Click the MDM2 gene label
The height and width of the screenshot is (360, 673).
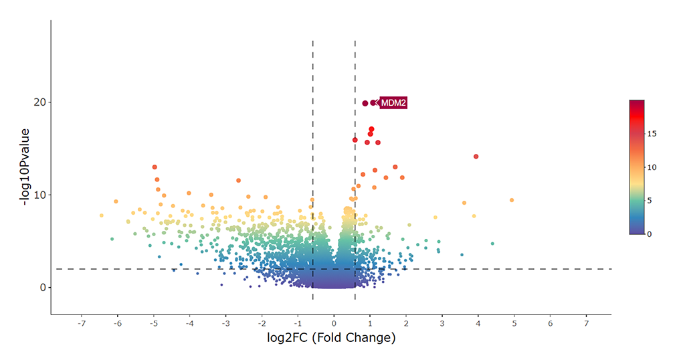click(x=393, y=103)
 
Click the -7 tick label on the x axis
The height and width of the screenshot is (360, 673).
click(x=81, y=323)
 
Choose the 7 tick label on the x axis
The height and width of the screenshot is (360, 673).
click(x=587, y=323)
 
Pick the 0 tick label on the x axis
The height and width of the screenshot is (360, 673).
click(x=334, y=323)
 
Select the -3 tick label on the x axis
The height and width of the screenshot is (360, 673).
click(x=225, y=323)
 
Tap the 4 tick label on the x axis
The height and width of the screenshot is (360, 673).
click(x=478, y=323)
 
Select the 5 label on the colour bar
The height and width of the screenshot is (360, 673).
click(x=652, y=200)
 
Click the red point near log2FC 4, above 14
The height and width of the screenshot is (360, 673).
click(x=476, y=157)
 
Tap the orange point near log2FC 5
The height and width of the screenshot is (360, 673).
click(x=512, y=200)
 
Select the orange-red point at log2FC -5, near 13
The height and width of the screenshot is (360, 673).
click(x=155, y=167)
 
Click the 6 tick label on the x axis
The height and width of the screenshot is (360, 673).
click(x=551, y=323)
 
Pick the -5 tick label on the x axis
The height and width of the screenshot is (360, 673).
click(x=153, y=323)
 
